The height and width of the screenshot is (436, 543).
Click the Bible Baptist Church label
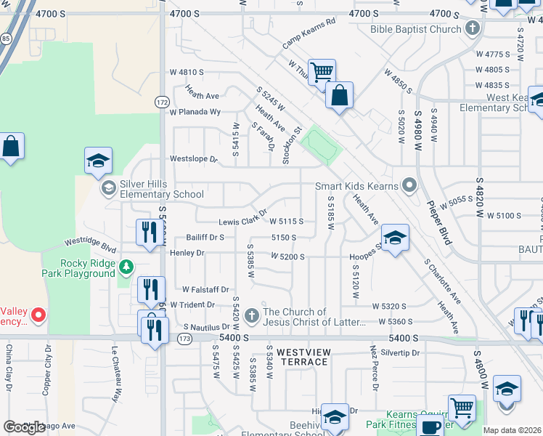click(x=416, y=29)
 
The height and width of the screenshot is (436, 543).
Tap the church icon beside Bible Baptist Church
click(x=473, y=29)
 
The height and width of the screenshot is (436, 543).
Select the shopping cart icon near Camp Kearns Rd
click(x=322, y=71)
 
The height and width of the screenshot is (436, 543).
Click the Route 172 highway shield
click(x=162, y=102)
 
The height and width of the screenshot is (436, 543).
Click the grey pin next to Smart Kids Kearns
click(x=409, y=185)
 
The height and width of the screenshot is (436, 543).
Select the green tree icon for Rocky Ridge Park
click(x=127, y=267)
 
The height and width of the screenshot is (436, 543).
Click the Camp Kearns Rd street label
click(x=309, y=33)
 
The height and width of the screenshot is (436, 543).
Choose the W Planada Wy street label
click(x=195, y=112)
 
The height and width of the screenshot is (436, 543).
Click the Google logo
click(x=25, y=427)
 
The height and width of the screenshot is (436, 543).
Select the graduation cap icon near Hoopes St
click(x=395, y=237)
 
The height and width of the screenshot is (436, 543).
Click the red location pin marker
click(x=38, y=315)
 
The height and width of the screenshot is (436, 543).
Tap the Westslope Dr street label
click(x=193, y=158)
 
